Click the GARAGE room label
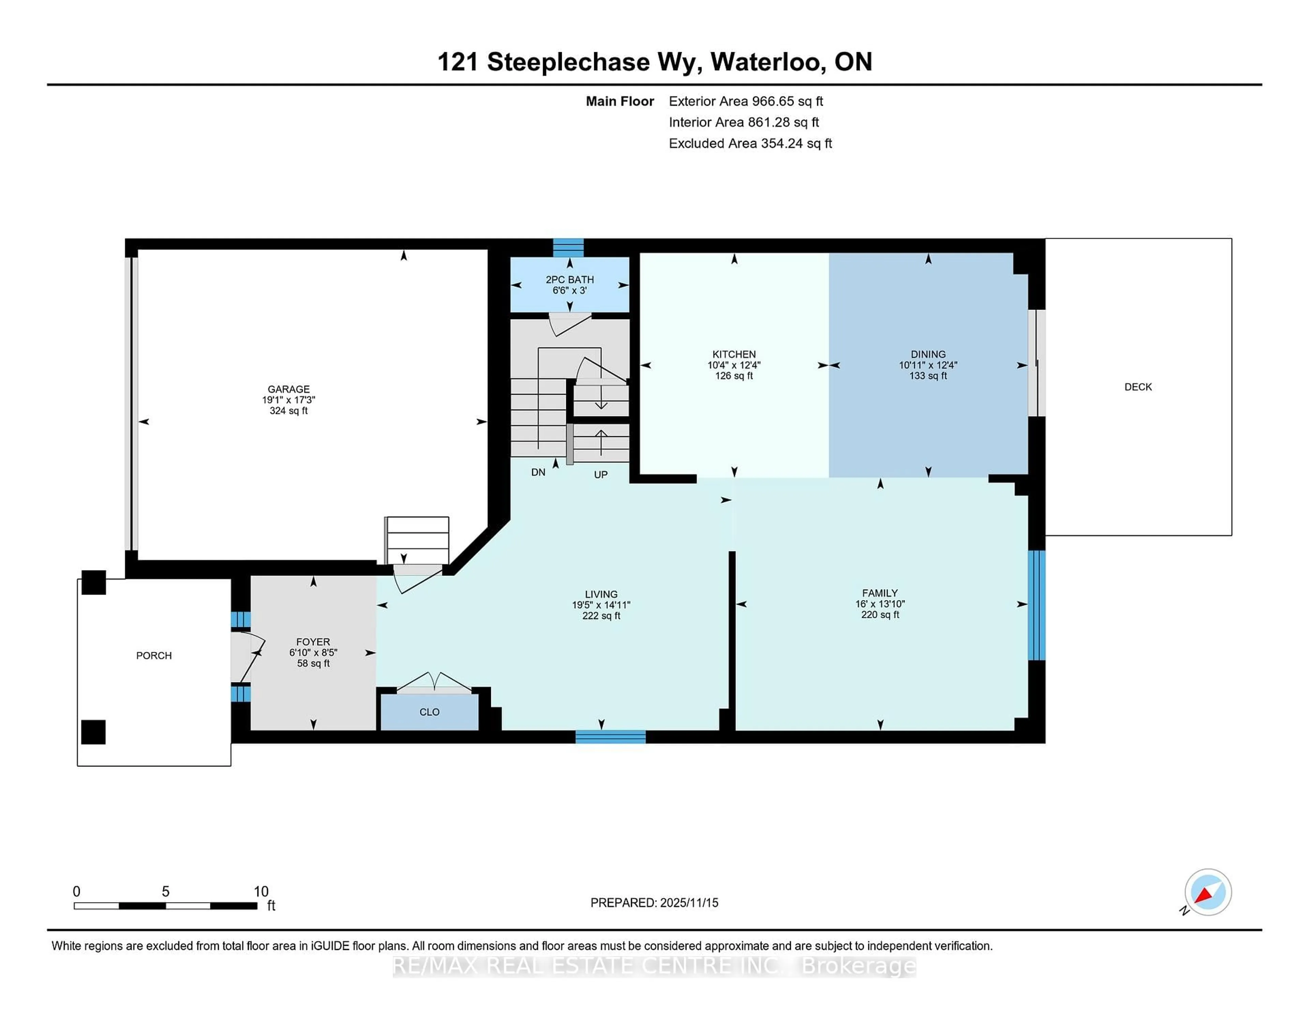(x=288, y=389)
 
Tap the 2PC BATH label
(x=569, y=279)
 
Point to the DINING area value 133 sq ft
(x=928, y=376)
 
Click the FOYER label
(x=313, y=641)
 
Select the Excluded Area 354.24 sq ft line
(x=750, y=143)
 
